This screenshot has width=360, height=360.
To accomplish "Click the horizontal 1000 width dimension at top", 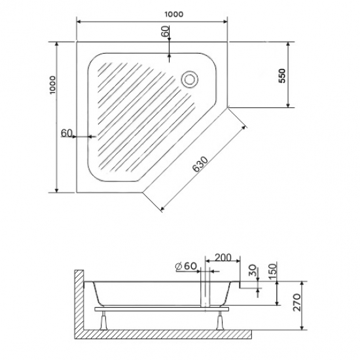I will coord(155,14).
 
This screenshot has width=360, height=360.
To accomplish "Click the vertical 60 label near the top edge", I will coord(165,31).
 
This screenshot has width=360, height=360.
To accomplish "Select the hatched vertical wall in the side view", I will coord(79,301).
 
